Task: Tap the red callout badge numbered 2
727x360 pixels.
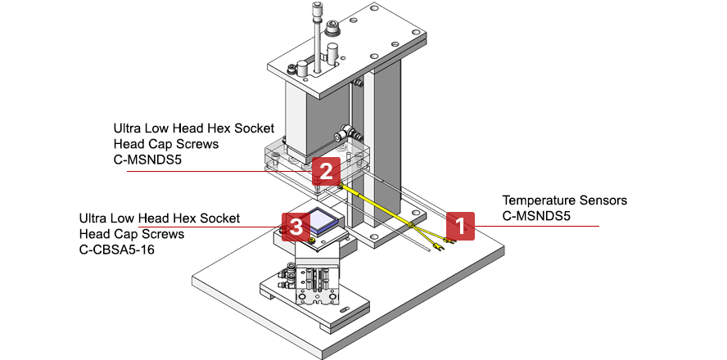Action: [x=325, y=172]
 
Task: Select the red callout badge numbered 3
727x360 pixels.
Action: [x=295, y=226]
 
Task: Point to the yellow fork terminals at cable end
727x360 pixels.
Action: [x=438, y=243]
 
